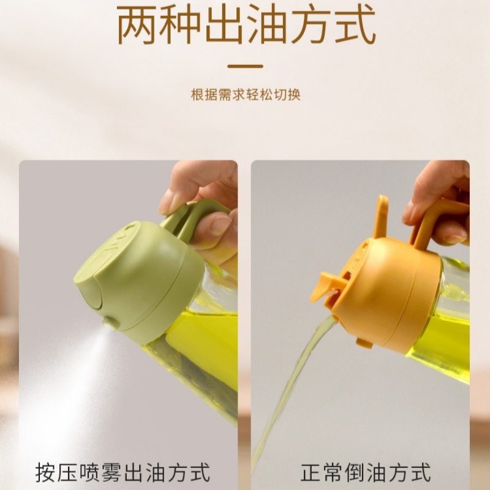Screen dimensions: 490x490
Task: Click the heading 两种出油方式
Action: click(245, 28)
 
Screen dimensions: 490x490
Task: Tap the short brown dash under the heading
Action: click(245, 66)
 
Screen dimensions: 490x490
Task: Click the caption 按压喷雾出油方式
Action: click(123, 473)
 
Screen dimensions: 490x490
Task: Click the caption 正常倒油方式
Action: click(366, 473)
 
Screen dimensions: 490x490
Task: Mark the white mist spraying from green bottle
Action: click(67, 380)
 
